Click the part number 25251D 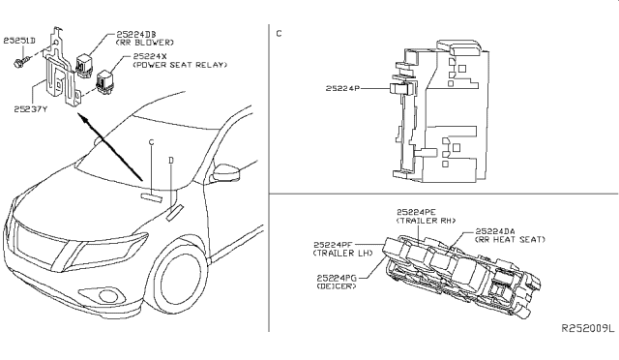[x=19, y=41]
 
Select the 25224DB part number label [x=136, y=35]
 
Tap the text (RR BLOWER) [x=144, y=43]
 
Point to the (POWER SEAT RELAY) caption [x=180, y=65]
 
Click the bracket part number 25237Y [x=30, y=109]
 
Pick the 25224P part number [x=342, y=88]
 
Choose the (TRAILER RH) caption [x=426, y=221]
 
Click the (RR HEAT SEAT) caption [x=510, y=239]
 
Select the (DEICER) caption [x=337, y=285]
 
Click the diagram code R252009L [x=588, y=328]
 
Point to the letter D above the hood [x=171, y=160]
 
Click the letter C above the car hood [x=152, y=142]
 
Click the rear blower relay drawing [x=84, y=62]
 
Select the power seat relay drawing [x=103, y=82]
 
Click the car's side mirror [x=226, y=173]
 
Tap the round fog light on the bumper [x=106, y=295]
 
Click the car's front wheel [x=180, y=280]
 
